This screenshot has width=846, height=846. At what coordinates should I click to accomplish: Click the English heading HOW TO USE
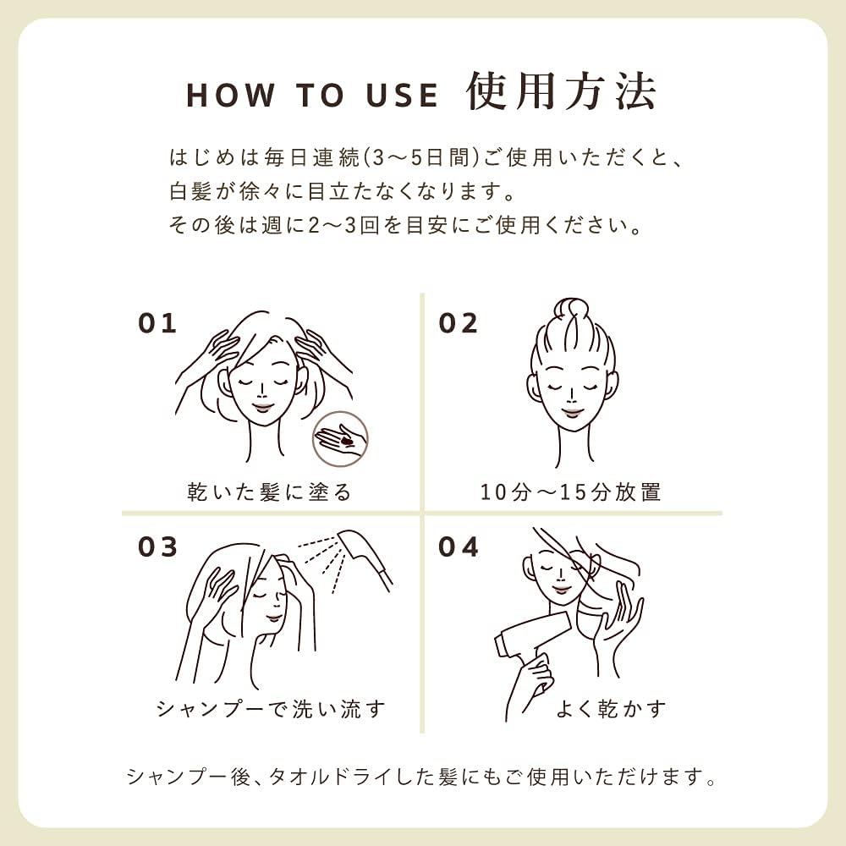click(312, 95)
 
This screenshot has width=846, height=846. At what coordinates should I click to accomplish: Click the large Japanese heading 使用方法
click(561, 91)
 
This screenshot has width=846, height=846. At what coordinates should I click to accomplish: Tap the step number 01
click(157, 323)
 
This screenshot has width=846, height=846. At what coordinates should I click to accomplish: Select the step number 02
click(458, 323)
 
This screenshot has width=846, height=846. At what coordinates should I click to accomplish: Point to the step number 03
click(157, 547)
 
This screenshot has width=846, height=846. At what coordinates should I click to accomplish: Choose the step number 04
click(458, 547)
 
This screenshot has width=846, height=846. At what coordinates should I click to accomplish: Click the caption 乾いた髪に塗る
click(269, 492)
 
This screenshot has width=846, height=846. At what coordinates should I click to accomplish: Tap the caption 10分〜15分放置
click(570, 492)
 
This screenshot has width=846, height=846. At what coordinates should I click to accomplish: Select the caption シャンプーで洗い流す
click(272, 709)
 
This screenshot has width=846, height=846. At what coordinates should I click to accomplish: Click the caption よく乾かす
click(611, 709)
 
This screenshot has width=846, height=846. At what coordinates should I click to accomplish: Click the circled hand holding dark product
click(340, 439)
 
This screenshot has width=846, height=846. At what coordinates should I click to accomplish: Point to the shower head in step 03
click(364, 556)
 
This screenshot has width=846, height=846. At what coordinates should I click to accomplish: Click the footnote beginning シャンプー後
click(422, 777)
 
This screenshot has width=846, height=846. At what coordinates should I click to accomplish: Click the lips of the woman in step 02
click(573, 413)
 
